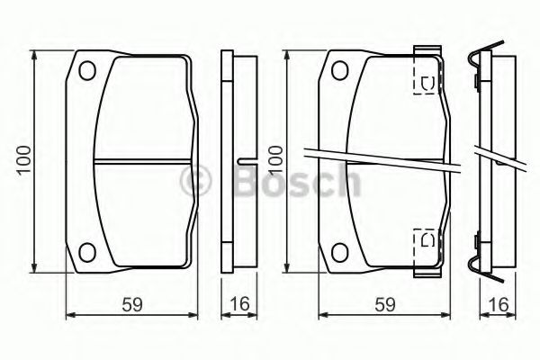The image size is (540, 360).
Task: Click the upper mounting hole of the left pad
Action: click(87, 70)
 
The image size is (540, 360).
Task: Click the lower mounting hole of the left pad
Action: click(87, 251)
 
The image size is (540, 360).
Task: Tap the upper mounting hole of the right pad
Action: click(339, 70)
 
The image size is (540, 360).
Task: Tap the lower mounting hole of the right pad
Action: click(339, 251)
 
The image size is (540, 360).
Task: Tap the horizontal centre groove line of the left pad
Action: click(144, 161)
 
